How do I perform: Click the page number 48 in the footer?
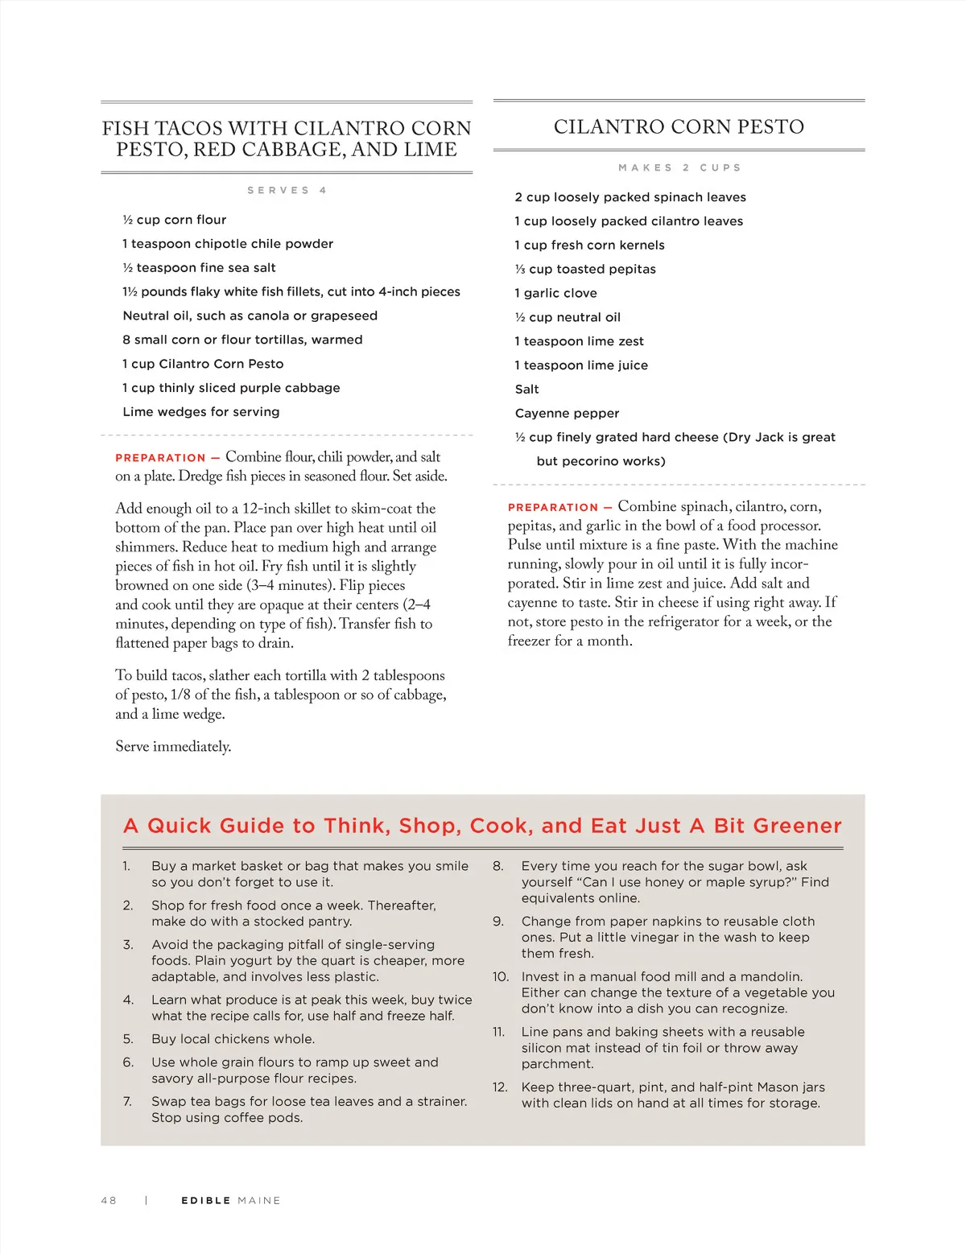coord(109,1200)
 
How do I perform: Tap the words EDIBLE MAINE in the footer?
coord(231,1200)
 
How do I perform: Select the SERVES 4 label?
coord(287,190)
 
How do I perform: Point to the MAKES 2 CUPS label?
coord(679,167)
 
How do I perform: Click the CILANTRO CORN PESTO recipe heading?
coord(679,126)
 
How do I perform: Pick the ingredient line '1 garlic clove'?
coord(556,293)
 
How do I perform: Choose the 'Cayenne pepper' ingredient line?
coord(567,413)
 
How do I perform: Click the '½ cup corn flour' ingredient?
coord(175,220)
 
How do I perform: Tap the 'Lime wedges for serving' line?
coord(201,411)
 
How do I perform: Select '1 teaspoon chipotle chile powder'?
coord(228,243)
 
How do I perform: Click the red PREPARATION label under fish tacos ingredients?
coord(160,458)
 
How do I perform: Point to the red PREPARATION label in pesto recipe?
coord(552,508)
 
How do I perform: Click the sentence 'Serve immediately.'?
coord(173,746)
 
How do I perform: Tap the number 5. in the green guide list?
coord(128,1038)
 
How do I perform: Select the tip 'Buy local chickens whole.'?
coord(233,1038)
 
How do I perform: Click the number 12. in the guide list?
coord(500,1087)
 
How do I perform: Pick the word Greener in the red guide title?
coord(797,826)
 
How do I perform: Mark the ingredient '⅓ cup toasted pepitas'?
coord(585,269)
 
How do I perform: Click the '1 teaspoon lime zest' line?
coord(580,341)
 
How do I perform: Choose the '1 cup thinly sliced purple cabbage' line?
coord(231,387)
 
